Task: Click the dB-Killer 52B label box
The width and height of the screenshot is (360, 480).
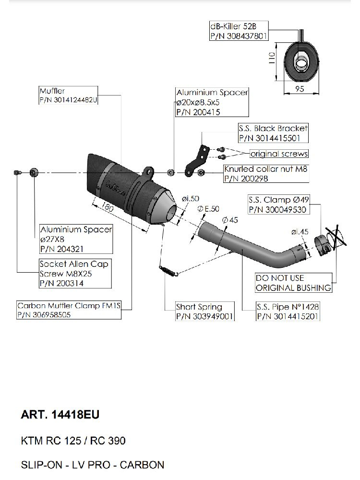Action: coord(238,31)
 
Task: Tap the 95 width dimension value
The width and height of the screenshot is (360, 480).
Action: coord(300,89)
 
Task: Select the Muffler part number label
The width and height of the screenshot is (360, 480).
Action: coord(68,96)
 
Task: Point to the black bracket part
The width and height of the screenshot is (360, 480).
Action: coord(196,161)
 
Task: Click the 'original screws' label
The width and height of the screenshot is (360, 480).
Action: coord(279,154)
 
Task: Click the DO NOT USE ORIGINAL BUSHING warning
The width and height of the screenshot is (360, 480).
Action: coord(293,283)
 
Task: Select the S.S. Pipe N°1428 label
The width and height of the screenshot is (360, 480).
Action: coord(288,312)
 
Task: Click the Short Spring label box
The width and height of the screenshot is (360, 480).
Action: coord(204,312)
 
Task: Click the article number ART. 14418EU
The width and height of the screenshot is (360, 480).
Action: coord(60,415)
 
